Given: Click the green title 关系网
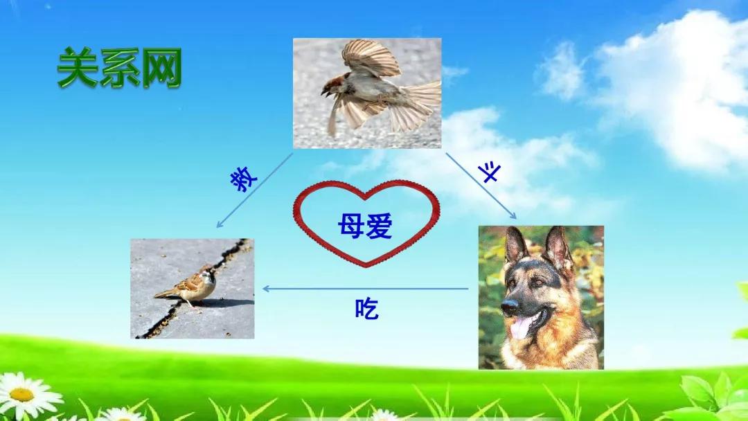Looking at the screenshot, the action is coord(119,68).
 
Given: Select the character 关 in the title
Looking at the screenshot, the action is coord(78,68).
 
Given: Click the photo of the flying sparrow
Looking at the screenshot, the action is coord(367,93).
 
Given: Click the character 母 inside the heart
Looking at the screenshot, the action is coord(352,226).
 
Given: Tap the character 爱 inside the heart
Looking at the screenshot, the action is coord(380,226).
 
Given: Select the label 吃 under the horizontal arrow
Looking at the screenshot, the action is coord(366,309).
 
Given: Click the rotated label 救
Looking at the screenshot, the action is coord(244,179).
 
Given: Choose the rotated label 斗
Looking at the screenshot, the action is coord(490,172).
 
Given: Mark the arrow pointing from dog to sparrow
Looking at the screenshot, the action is coord(366,289).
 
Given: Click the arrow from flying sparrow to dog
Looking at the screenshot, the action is coord(481,186).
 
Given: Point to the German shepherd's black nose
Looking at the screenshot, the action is coord(510,306).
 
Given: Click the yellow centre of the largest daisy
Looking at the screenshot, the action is coord(22,395).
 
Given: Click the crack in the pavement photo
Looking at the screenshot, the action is coord(193,289).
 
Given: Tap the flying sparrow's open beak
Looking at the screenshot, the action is coord(326,90).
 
